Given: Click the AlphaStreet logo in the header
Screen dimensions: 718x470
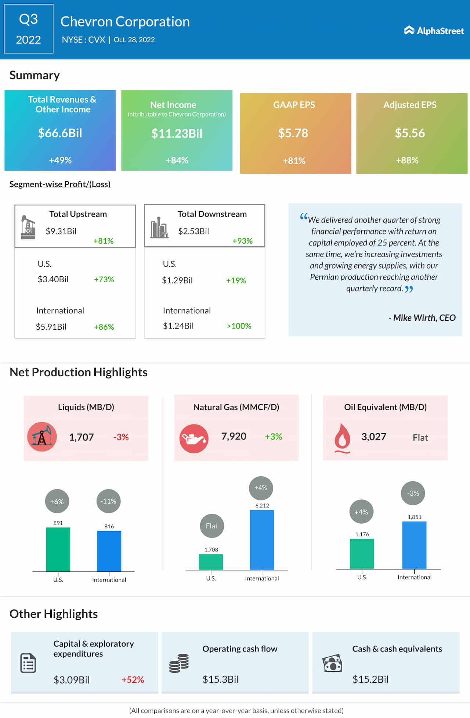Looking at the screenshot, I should pos(434,30).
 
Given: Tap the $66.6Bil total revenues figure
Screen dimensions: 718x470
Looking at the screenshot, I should pos(60,133).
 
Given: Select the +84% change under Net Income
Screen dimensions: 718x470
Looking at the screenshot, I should pos(177,160).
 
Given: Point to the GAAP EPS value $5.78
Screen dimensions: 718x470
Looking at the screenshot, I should pos(293,133).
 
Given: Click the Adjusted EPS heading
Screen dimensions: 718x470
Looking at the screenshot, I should pos(410,105).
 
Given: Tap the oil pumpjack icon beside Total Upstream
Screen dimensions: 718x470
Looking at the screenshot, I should pos(28,227).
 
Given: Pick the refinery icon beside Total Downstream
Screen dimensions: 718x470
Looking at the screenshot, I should pos(159,228).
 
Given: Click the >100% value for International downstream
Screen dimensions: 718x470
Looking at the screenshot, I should pos(239,326).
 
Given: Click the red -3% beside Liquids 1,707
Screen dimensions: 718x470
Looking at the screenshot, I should pos(121,437).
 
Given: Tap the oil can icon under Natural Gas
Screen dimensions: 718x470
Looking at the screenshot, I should pos(194,438).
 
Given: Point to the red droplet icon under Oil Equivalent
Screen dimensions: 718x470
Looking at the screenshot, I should pos(342,438).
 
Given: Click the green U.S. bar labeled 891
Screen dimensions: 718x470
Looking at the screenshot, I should pos(58,549).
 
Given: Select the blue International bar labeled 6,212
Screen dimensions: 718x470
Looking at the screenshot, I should pos(262,540).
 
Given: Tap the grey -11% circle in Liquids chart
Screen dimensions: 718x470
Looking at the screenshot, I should pos(108,501).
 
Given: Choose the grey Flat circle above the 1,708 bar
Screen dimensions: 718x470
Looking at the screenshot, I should pos(212,526).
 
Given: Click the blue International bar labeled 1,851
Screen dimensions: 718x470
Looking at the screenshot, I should pos(414,545).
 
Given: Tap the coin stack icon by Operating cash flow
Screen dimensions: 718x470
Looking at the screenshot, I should pos(179,663).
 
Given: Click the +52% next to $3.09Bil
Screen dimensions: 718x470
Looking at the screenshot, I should pos(133,680).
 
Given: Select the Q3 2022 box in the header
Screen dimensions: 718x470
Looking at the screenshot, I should pos(29,29).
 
